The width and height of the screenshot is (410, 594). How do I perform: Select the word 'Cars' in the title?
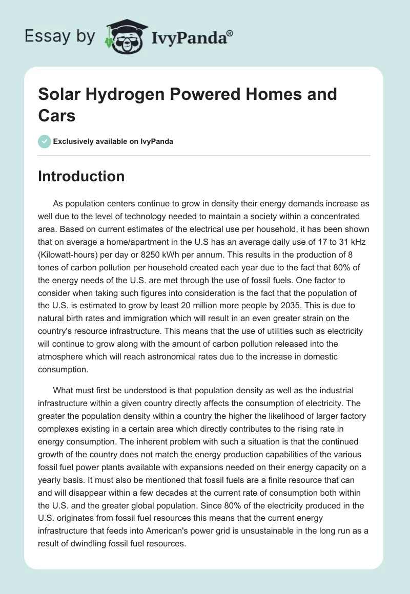coord(56,116)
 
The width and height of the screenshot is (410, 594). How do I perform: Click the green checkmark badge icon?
coord(44,141)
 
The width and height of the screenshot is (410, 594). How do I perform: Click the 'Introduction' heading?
coord(81,176)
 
